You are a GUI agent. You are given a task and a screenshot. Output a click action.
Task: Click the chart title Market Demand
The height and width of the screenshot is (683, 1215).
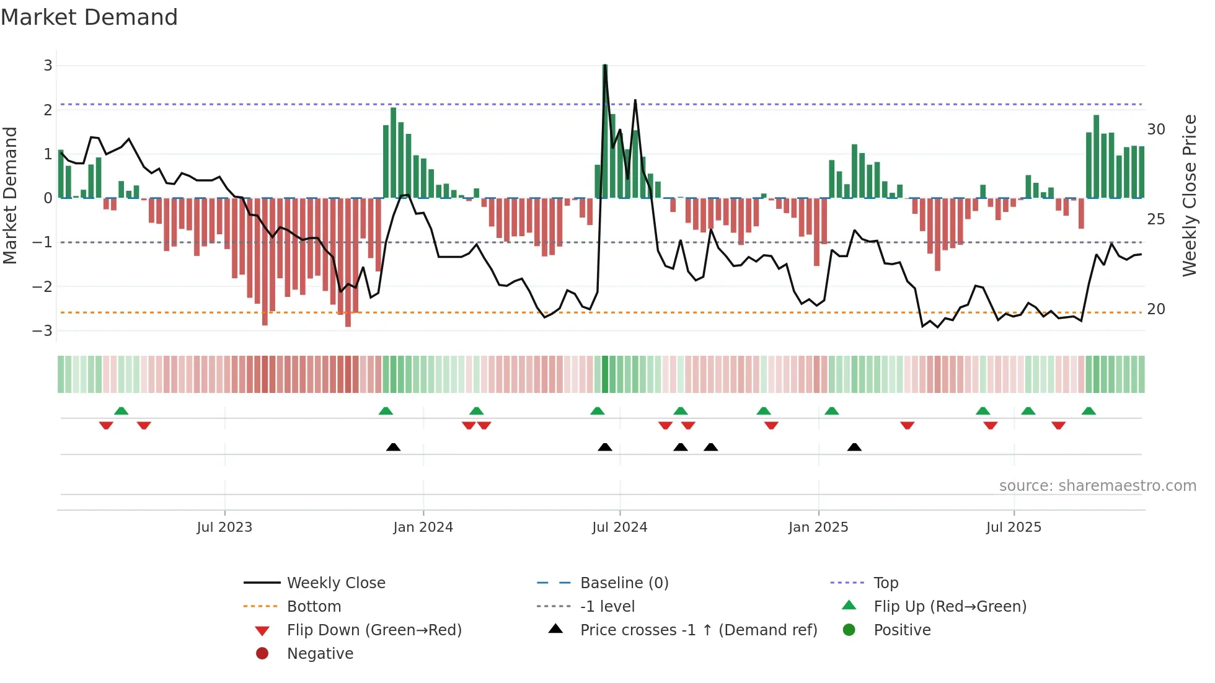pos(89,17)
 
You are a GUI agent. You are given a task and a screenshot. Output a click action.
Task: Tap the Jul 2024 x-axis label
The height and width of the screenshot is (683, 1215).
pos(619,527)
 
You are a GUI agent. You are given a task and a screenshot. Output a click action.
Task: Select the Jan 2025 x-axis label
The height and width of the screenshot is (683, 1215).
pos(818,527)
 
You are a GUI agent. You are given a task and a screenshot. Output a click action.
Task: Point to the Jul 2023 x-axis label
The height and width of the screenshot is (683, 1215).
pos(224,527)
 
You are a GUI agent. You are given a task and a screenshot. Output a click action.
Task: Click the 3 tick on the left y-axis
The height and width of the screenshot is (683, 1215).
pos(48,66)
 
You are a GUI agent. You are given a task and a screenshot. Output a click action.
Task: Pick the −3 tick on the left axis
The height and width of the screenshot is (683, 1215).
pos(43,330)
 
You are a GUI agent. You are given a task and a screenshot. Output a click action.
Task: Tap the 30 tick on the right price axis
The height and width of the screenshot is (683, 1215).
pos(1155,130)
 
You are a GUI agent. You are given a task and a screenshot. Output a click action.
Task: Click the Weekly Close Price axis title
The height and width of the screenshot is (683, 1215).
pos(1189,195)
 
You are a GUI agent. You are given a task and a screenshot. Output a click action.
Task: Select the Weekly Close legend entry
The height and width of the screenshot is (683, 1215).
pos(335,583)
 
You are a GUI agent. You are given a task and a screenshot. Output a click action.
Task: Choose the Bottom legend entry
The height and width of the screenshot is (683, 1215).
pos(314,606)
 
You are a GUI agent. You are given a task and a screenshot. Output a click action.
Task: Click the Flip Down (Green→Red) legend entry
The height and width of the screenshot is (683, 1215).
pos(374,630)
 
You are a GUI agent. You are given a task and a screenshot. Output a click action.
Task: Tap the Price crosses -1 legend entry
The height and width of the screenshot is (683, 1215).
pos(698,630)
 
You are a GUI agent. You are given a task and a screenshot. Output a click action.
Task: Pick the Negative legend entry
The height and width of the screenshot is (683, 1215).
pos(320,653)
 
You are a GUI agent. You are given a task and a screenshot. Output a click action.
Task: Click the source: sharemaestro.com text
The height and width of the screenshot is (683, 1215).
pos(1097,485)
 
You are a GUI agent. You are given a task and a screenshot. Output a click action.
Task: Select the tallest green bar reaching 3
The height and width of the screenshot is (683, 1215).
pos(605,130)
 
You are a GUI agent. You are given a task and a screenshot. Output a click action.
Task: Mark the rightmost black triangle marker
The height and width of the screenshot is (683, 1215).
pos(854,447)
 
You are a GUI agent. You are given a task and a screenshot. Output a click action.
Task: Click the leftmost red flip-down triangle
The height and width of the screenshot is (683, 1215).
pos(106,425)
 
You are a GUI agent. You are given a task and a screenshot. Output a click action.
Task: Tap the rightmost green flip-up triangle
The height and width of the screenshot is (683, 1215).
pos(1089,411)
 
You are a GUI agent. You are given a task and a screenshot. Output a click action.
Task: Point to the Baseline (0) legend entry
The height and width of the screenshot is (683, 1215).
pos(624,583)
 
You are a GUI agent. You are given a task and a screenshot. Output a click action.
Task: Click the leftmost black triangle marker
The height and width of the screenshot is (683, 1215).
pos(393,447)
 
